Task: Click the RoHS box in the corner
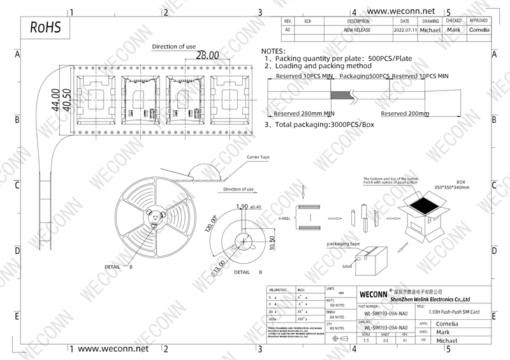point(44,29)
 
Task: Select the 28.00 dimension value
point(207,55)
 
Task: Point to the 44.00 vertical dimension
point(55,100)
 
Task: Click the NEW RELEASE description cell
point(358,30)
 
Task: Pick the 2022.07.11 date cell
point(405,30)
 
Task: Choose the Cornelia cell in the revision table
point(479,30)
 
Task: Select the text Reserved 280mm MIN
point(304,113)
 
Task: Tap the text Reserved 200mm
point(405,113)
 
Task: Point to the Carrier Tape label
point(258,156)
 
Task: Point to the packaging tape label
point(343,244)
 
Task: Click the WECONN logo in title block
point(371,296)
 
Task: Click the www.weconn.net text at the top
point(401,11)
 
